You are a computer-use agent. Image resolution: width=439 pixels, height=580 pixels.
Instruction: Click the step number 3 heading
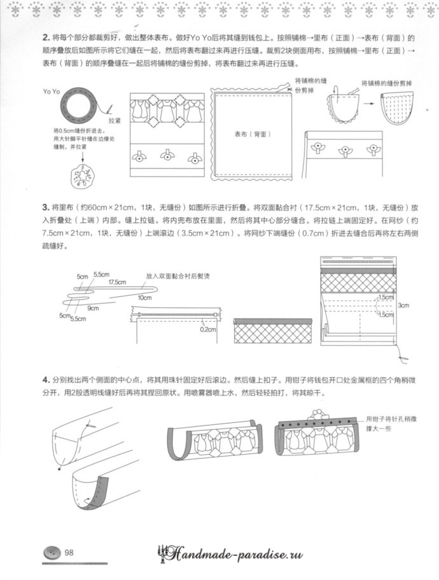point(45,208)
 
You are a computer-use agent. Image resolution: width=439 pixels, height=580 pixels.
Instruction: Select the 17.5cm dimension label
point(115,282)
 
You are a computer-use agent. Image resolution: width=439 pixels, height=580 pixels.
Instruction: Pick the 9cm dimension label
point(94,308)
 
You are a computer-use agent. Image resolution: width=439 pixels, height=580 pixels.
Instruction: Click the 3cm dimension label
point(404,306)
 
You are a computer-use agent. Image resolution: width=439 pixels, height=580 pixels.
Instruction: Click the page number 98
point(70,553)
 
